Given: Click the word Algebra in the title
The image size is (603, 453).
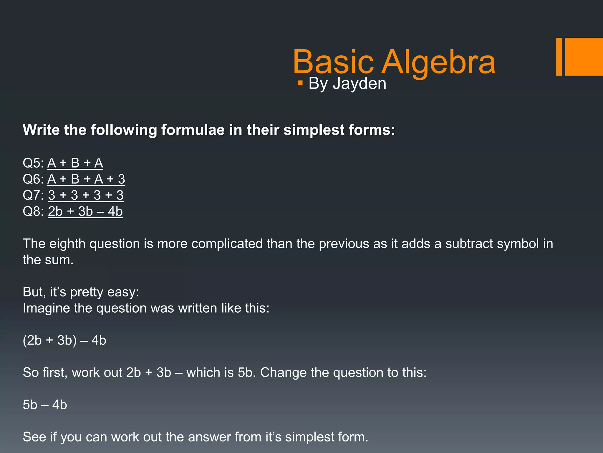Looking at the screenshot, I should pyautogui.click(x=439, y=63).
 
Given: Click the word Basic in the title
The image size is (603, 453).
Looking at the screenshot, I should pyautogui.click(x=333, y=63).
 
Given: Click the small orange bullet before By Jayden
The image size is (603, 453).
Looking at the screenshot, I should pyautogui.click(x=300, y=83).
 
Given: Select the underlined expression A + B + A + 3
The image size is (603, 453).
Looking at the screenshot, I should pyautogui.click(x=86, y=179).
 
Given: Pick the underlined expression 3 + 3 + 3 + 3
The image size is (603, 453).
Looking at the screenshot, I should pyautogui.click(x=86, y=195).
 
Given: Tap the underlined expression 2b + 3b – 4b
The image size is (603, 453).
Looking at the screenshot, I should pyautogui.click(x=85, y=211).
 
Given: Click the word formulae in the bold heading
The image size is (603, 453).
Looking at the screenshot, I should pyautogui.click(x=193, y=130).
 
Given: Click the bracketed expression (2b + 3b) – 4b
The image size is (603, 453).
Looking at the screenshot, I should pyautogui.click(x=64, y=340).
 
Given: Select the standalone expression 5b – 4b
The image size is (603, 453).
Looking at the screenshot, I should pyautogui.click(x=45, y=405).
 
